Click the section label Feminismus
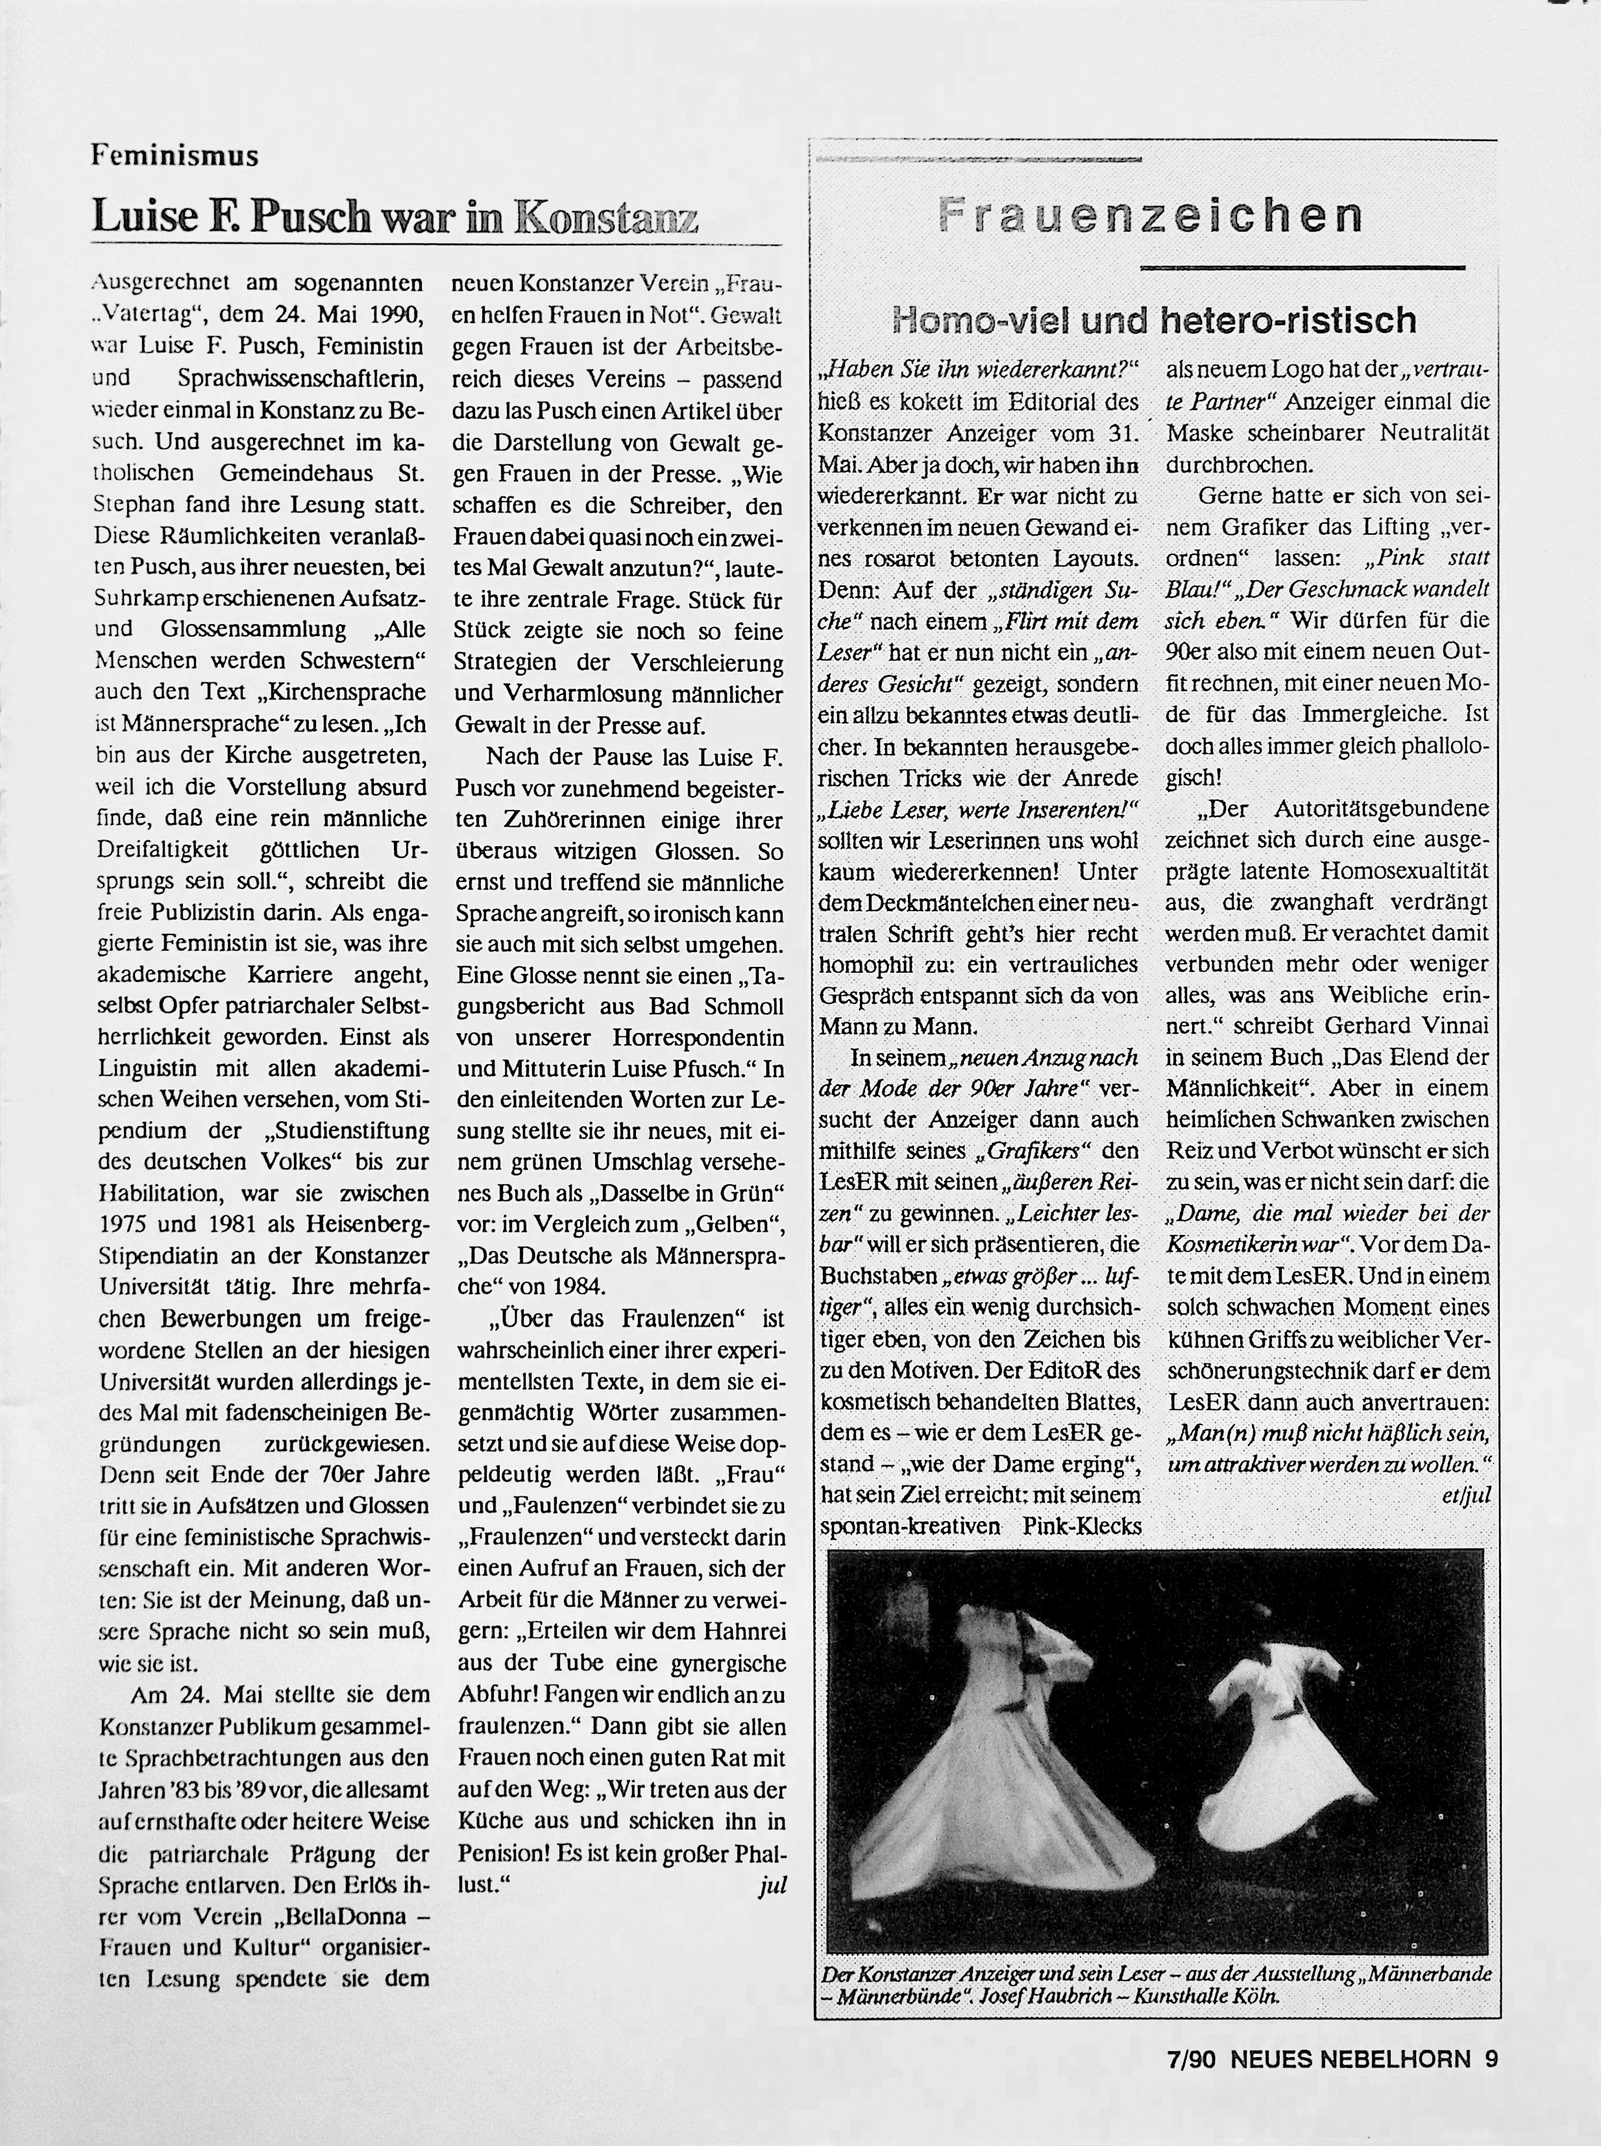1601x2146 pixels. click(x=175, y=155)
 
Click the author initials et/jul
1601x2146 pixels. click(x=1465, y=1495)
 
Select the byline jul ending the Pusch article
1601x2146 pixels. click(x=772, y=1884)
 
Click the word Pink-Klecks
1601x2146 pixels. click(x=1082, y=1526)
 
